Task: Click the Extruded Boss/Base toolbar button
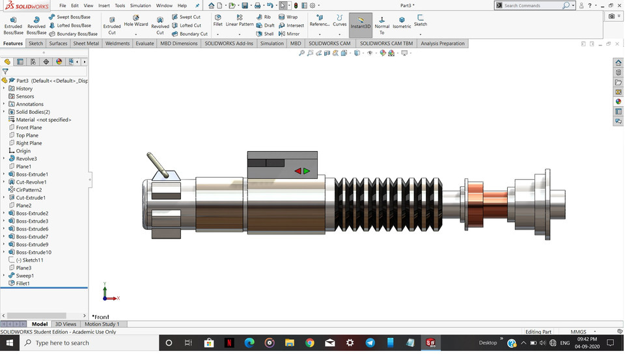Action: (x=13, y=25)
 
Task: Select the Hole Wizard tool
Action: (x=136, y=21)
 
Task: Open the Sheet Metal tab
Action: (x=86, y=44)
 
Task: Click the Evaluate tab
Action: (x=145, y=44)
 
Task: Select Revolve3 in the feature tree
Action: (x=26, y=159)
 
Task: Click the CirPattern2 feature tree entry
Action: (x=29, y=190)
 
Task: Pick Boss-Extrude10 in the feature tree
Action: (x=33, y=253)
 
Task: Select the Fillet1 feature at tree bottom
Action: (x=23, y=284)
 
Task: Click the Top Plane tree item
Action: (x=27, y=135)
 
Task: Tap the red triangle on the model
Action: (x=298, y=171)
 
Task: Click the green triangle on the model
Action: (x=307, y=171)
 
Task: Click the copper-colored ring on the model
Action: (x=483, y=199)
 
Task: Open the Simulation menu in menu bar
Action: (x=140, y=6)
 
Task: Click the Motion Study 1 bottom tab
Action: (x=102, y=324)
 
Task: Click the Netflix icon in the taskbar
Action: (x=229, y=343)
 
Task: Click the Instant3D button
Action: (x=360, y=23)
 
